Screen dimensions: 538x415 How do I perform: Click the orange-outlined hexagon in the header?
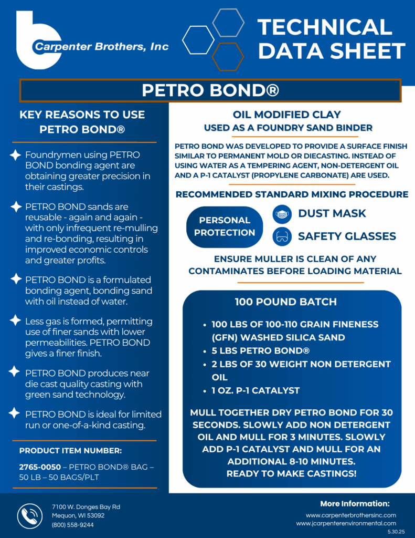pyautogui.click(x=228, y=56)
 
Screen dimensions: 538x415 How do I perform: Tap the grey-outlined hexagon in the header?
pyautogui.click(x=228, y=23)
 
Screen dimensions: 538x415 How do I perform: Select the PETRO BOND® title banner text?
pyautogui.click(x=210, y=90)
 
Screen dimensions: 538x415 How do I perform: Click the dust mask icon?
pyautogui.click(x=282, y=214)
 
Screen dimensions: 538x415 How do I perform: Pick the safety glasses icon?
pyautogui.click(x=282, y=236)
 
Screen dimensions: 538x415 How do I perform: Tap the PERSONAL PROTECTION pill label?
pyautogui.click(x=225, y=226)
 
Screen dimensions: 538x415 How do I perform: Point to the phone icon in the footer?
pyautogui.click(x=30, y=515)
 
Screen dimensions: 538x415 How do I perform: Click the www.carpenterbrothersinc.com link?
pyautogui.click(x=351, y=515)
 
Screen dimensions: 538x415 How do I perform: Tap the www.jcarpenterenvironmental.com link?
pyautogui.click(x=346, y=524)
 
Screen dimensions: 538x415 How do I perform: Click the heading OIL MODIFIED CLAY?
pyautogui.click(x=286, y=115)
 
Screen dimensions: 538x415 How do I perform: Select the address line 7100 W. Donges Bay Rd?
pyautogui.click(x=86, y=506)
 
